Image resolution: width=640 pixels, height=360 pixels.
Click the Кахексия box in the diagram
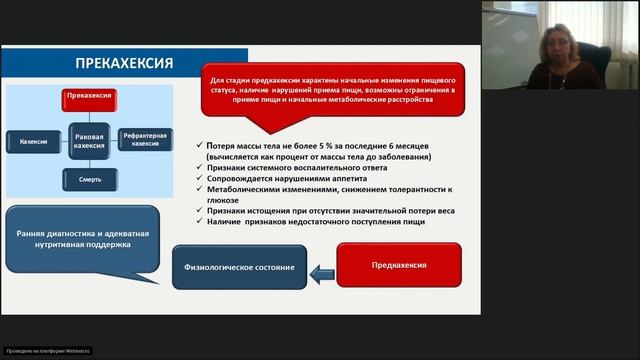(x=33, y=141)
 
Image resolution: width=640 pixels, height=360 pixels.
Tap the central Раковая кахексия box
(x=89, y=140)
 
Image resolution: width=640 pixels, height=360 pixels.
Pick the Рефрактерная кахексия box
(x=145, y=139)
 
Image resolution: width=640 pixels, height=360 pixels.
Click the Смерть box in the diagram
(x=89, y=180)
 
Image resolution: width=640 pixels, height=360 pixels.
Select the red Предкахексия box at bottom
(x=399, y=265)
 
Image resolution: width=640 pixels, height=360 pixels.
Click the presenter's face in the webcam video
(x=555, y=45)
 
